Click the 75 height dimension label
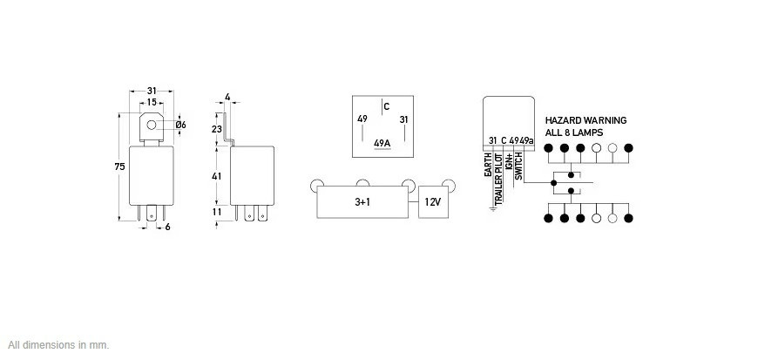120,166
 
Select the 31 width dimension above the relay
152,91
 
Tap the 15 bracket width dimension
152,102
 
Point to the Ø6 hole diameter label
181,125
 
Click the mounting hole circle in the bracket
152,125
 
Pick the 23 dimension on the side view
217,129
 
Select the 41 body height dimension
217,176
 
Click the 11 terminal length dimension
217,212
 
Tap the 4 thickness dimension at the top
227,98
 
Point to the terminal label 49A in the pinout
382,143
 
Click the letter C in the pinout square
386,107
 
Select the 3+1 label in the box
362,202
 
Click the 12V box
433,202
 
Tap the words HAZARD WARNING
585,120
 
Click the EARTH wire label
488,165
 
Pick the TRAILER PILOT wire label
498,178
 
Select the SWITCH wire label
518,166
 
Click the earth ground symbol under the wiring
493,208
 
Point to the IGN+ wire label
509,161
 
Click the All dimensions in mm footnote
58,345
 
